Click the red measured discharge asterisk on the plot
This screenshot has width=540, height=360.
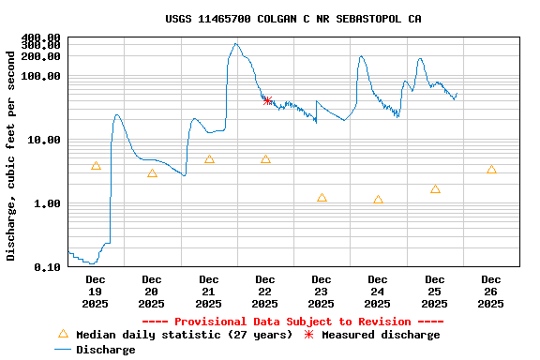point(267,100)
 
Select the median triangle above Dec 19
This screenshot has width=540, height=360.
point(96,166)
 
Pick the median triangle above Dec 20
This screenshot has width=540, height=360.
point(152,173)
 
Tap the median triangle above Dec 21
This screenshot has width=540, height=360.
point(209,159)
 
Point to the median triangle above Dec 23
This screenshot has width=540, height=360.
point(322,198)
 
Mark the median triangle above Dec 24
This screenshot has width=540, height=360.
point(378,200)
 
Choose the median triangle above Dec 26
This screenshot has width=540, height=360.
point(491,170)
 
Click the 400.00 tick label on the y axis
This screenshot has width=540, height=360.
point(40,37)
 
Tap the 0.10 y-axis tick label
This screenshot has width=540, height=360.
point(47,267)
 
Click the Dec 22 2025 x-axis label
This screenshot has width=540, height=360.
point(265,292)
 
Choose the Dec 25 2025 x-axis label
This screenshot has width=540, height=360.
point(434,292)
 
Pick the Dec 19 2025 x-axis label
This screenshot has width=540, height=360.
point(96,292)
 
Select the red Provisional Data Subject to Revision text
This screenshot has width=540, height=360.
point(292,322)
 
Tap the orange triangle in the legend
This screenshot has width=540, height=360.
point(63,334)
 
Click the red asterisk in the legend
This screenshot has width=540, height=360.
point(308,335)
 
